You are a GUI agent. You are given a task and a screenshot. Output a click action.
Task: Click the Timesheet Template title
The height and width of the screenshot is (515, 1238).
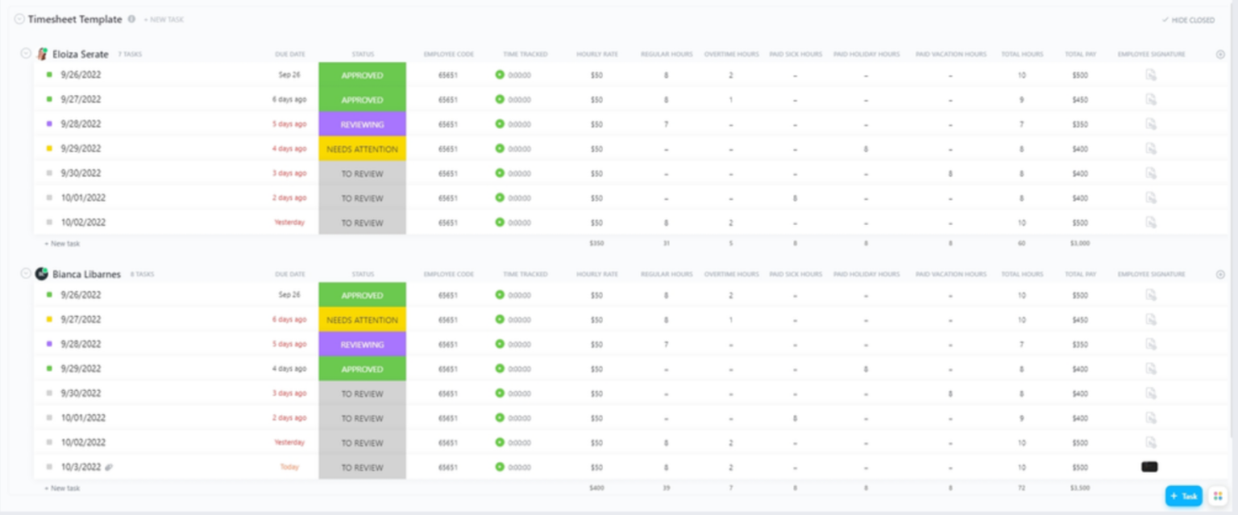click(75, 19)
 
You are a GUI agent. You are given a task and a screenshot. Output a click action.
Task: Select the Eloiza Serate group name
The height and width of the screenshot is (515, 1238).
click(81, 55)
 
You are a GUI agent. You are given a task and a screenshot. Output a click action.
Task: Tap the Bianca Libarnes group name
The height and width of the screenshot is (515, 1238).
click(86, 275)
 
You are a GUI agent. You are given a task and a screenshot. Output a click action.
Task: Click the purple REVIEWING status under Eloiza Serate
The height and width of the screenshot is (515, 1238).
click(362, 125)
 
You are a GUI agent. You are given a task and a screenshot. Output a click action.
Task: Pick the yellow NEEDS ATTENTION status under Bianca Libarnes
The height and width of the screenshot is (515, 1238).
click(362, 320)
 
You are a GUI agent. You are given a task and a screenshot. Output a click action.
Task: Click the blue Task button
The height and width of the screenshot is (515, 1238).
click(1183, 496)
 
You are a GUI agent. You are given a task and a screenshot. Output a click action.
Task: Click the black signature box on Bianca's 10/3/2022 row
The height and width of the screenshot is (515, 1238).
click(1149, 467)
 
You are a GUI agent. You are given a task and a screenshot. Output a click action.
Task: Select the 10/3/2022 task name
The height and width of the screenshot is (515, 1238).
click(81, 467)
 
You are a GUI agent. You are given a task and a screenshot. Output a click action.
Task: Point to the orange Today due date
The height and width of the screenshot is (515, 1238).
click(289, 467)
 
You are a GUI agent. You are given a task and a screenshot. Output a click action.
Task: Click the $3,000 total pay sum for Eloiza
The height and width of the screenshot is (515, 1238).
click(1080, 243)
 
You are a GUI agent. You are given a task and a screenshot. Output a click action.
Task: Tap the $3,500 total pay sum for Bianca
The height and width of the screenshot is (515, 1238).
click(1080, 488)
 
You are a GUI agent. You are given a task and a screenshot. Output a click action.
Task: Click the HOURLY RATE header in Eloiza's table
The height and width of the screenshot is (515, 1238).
click(597, 55)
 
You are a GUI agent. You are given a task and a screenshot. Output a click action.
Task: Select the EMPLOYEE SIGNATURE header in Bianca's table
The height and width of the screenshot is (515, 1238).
click(1151, 275)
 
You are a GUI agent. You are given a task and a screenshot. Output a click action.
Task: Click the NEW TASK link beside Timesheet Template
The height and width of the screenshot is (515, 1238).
click(164, 20)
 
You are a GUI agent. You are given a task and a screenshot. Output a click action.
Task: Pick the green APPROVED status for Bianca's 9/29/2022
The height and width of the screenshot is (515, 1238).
click(362, 369)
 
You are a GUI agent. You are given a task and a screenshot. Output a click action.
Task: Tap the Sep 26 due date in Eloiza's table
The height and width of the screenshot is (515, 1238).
click(289, 75)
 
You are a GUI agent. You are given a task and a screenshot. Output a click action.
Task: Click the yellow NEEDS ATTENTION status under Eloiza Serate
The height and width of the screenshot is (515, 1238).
click(362, 149)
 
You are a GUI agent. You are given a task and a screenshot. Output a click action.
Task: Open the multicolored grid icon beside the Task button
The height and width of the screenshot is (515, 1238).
click(1218, 496)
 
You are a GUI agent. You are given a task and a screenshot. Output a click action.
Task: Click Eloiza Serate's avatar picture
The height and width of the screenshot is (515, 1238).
click(43, 54)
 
